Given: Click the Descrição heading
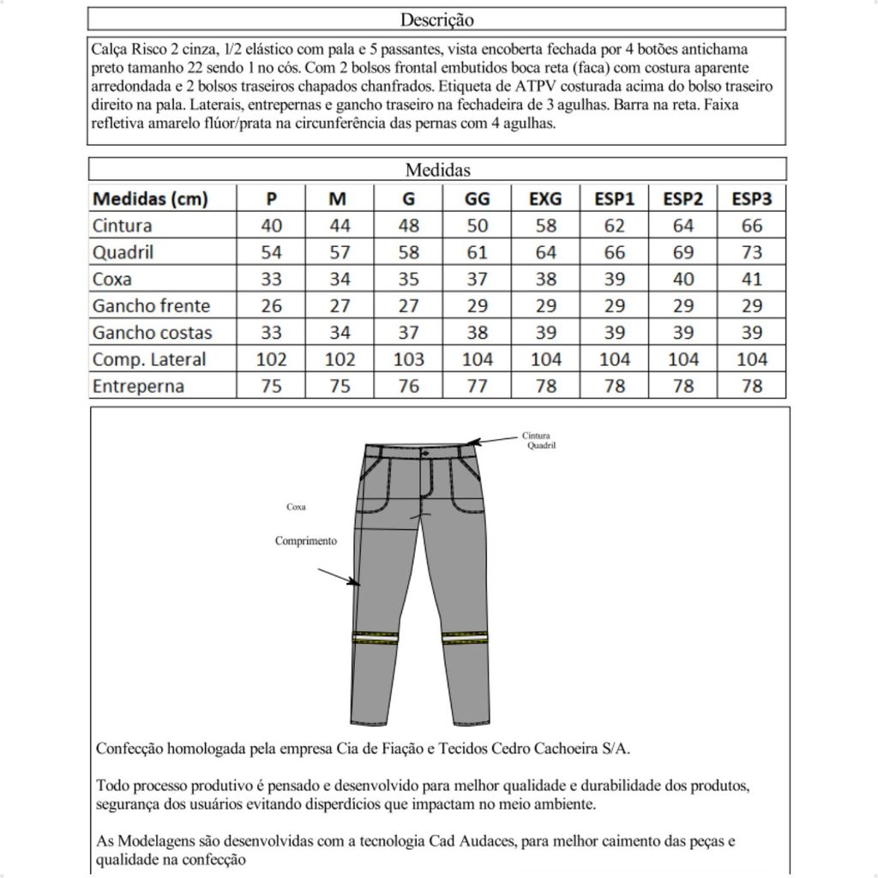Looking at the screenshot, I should click(436, 19).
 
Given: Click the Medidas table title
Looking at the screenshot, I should click(437, 170).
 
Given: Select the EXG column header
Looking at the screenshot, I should click(545, 199).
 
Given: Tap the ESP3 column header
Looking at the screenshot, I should click(751, 199).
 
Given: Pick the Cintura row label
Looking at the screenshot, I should click(122, 226).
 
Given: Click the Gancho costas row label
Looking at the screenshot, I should click(152, 332).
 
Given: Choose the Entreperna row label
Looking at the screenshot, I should click(138, 386).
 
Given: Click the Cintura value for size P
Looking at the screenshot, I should click(271, 226).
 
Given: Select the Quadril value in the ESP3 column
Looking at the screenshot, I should click(751, 252).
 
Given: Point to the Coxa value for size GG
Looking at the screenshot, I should click(477, 279).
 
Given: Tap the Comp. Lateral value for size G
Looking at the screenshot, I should click(408, 359).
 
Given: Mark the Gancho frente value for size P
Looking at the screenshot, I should click(271, 305).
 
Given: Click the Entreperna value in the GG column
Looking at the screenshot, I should click(477, 386).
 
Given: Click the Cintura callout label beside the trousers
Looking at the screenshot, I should click(536, 436).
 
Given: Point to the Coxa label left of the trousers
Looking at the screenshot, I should click(296, 507).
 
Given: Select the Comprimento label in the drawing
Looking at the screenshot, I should click(305, 541).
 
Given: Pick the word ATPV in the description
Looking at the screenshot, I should click(535, 86).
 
